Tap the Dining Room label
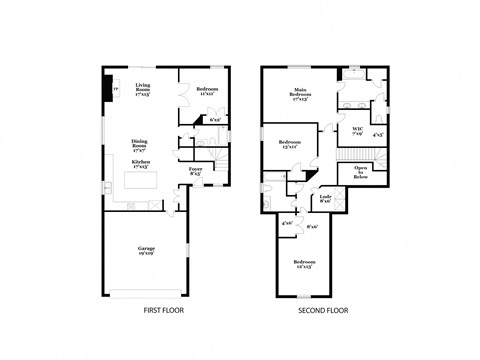click(x=139, y=144)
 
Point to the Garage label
click(x=146, y=249)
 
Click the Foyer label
click(x=195, y=171)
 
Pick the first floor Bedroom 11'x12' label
click(x=207, y=93)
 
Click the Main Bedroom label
click(x=299, y=94)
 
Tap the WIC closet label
click(x=357, y=130)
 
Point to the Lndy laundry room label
click(x=325, y=199)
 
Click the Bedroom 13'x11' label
click(x=290, y=144)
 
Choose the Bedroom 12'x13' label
click(x=304, y=265)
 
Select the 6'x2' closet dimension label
click(x=215, y=120)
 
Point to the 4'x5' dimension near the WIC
click(x=378, y=133)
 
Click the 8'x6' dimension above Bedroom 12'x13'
click(x=312, y=227)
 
